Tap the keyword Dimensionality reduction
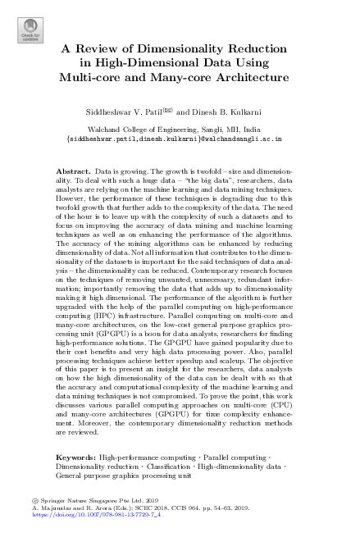click(92, 465)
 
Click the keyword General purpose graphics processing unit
click(123, 475)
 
